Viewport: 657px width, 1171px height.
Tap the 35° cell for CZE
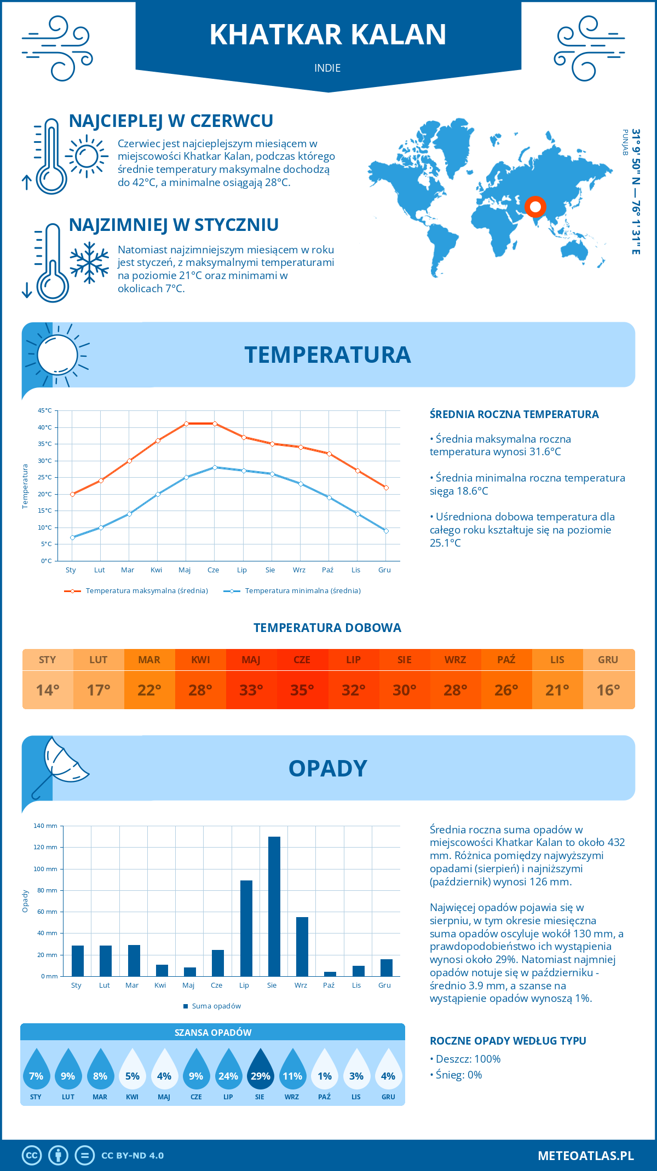[x=302, y=690]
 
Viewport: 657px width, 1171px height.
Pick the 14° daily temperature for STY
[x=48, y=690]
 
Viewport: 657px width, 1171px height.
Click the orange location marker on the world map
[x=535, y=207]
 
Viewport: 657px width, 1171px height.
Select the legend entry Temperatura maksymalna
[x=136, y=591]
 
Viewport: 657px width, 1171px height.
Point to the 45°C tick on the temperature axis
[x=45, y=410]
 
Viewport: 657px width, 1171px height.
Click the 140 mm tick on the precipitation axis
[x=45, y=826]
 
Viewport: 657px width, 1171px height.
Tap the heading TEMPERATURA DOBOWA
[x=327, y=628]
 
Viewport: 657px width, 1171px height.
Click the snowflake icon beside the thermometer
[x=89, y=262]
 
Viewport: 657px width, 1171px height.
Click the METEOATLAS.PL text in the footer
[x=586, y=1156]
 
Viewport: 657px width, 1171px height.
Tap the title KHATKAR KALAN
[x=328, y=34]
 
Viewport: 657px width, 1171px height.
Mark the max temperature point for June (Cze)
[x=215, y=424]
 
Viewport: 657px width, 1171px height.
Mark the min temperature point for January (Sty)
[x=72, y=537]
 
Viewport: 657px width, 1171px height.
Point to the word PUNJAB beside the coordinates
[x=625, y=142]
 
